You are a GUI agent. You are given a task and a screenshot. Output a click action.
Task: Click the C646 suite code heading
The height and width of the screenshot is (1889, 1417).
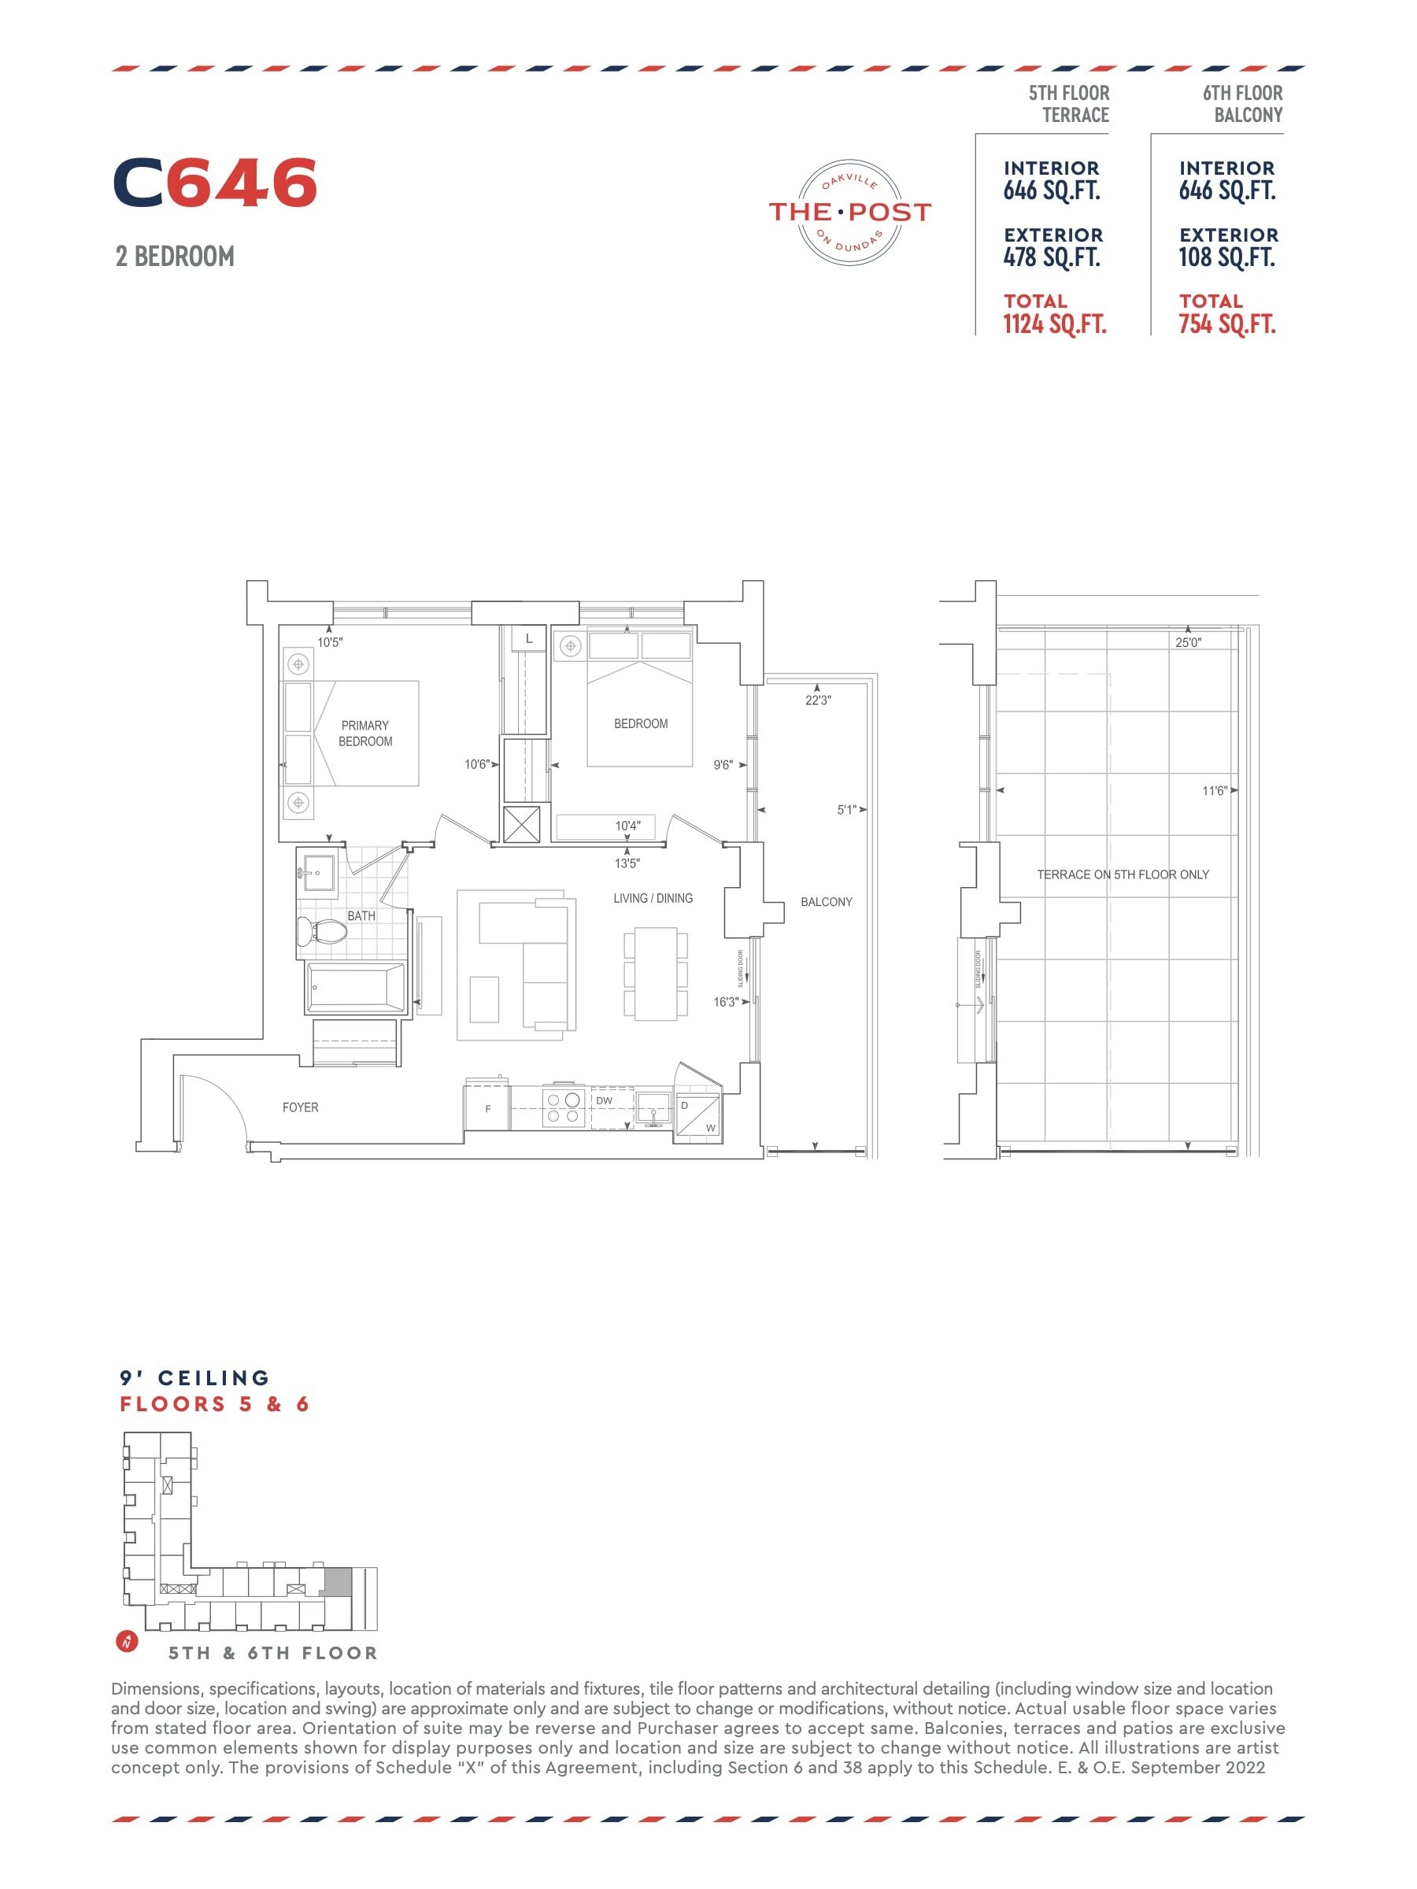[x=214, y=183]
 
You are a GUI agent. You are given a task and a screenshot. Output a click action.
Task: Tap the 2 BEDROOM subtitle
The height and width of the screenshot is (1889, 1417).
[x=175, y=256]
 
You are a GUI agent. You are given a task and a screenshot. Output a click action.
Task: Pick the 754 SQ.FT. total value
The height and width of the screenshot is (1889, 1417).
[x=1227, y=324]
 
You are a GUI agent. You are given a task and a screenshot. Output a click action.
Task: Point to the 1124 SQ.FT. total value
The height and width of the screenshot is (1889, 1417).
[x=1055, y=324]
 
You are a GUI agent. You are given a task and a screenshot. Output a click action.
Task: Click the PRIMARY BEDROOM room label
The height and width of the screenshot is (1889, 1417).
[x=365, y=734]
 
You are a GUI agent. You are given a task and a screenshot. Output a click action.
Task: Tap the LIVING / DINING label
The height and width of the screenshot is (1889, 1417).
[x=653, y=898]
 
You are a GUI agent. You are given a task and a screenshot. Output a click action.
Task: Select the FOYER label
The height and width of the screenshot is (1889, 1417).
[x=301, y=1107]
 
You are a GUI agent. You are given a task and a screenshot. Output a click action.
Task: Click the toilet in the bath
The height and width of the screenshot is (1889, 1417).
[x=321, y=931]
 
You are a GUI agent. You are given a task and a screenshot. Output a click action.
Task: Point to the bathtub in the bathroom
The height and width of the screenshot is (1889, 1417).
[x=356, y=988]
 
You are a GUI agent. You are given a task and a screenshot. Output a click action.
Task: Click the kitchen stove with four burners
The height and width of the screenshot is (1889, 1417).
[x=563, y=1107]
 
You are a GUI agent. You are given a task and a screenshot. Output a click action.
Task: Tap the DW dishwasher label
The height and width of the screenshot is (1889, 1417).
[x=604, y=1101]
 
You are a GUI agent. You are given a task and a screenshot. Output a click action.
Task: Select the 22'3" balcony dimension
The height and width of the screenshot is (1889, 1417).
[x=817, y=701]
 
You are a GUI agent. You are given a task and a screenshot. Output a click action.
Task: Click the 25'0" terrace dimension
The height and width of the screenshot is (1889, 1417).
[x=1188, y=642]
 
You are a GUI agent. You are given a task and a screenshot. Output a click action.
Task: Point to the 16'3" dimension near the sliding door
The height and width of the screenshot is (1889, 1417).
[x=726, y=1002]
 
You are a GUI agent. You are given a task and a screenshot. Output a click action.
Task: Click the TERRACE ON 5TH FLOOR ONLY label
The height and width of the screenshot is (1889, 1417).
[x=1123, y=874]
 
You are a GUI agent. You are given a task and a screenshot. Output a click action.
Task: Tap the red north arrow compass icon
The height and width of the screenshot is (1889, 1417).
[x=127, y=1641]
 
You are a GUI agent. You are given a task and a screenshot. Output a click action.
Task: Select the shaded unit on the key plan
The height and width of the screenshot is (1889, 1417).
[x=339, y=1581]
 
